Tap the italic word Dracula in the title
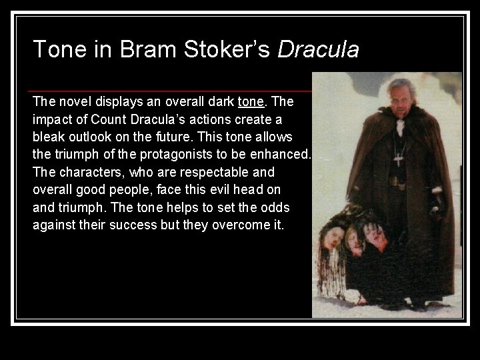coord(318,49)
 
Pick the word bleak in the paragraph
coord(48,137)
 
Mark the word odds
coord(275,206)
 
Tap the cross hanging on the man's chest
coord(399,160)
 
